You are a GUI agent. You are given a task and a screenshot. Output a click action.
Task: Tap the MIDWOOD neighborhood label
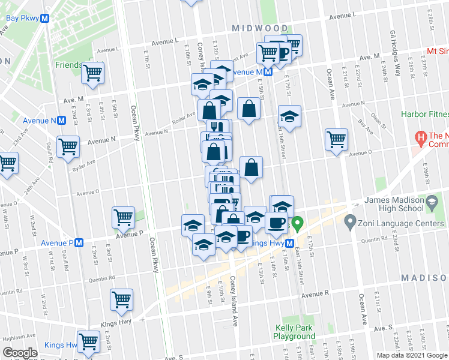[260, 28]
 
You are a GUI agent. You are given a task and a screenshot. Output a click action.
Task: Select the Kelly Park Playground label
[295, 332]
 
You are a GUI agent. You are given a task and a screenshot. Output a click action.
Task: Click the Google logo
[20, 353]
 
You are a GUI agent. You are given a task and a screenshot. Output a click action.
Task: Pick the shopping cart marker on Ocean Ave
[337, 140]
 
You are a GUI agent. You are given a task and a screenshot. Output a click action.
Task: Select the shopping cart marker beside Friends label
[93, 73]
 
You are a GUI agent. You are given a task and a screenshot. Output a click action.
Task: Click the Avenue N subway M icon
[61, 121]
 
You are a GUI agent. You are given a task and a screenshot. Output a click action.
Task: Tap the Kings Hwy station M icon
[289, 243]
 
